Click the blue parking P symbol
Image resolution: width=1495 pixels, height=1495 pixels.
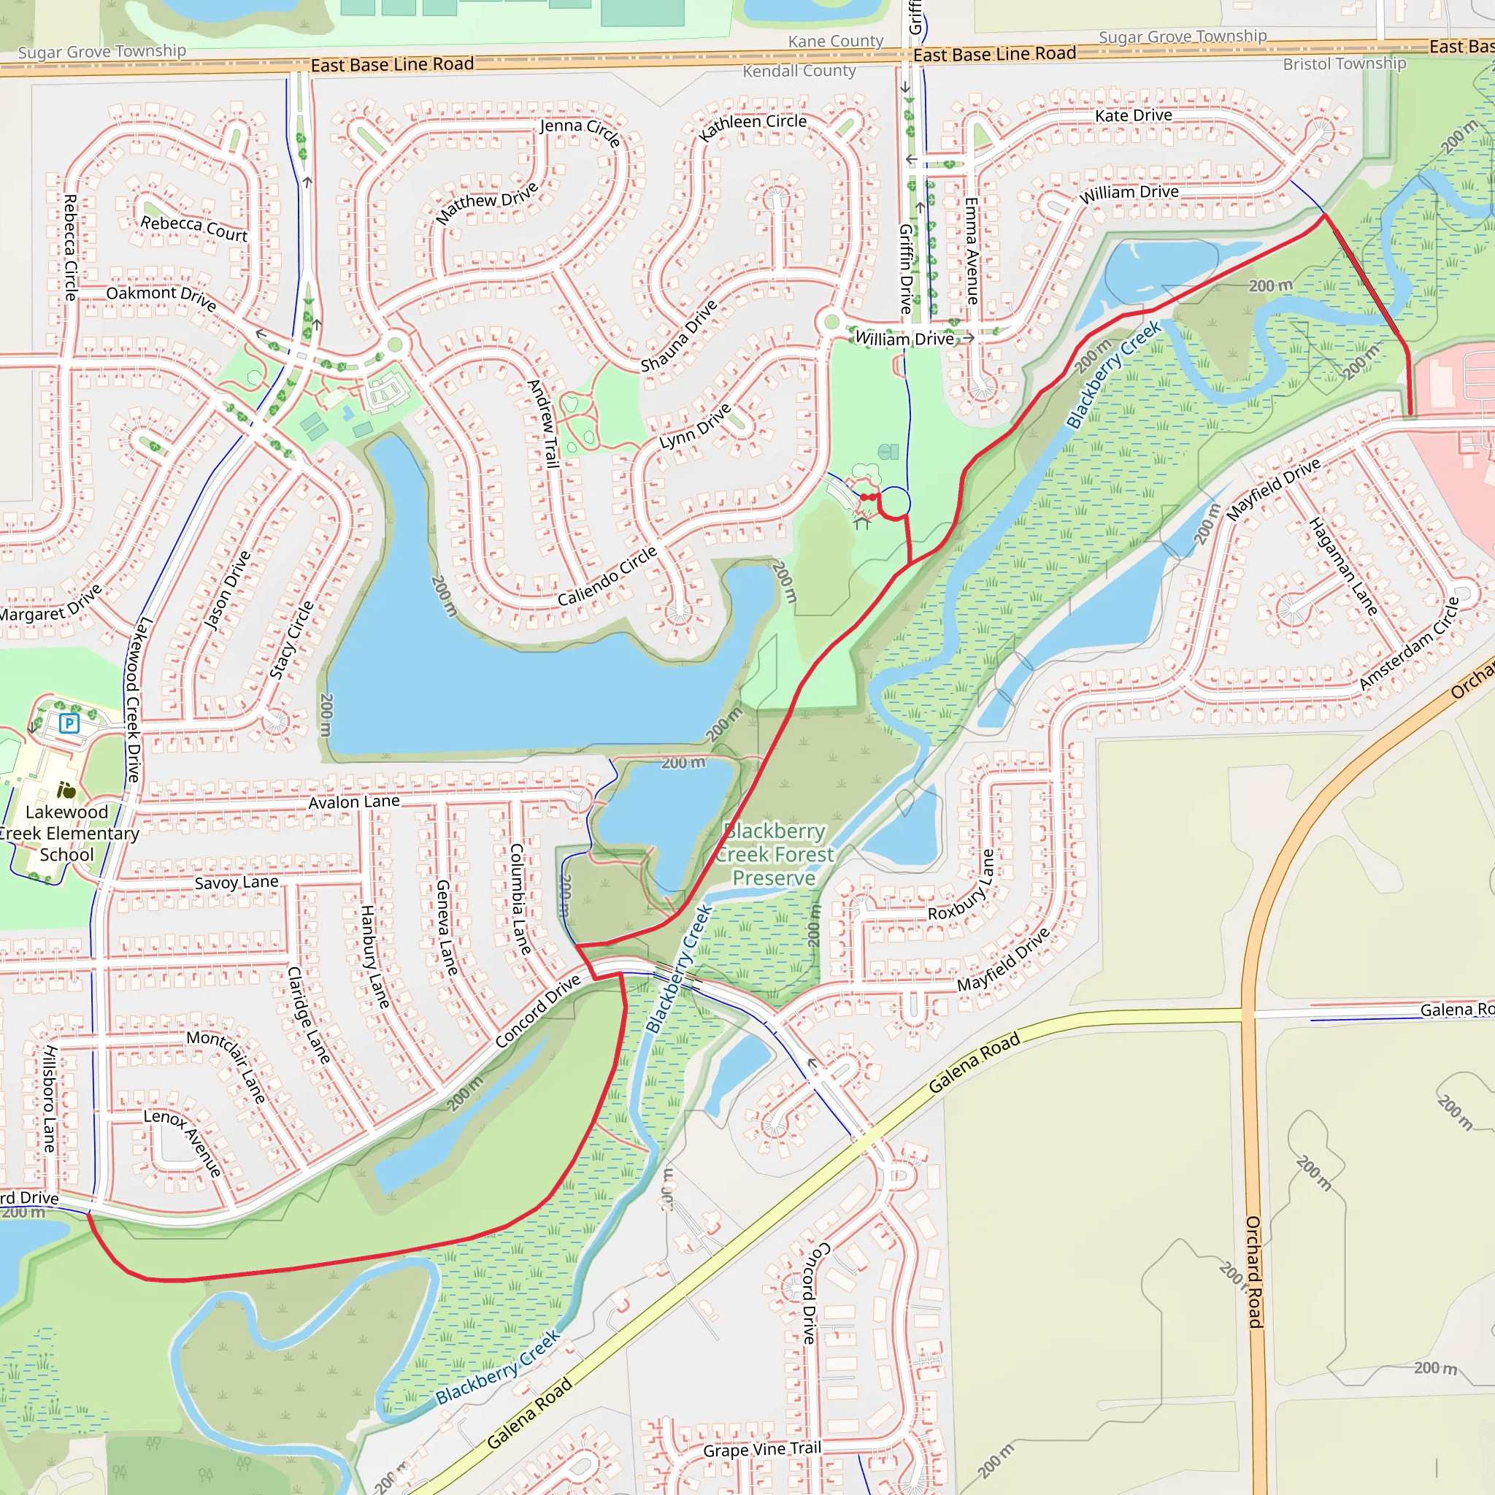(x=69, y=723)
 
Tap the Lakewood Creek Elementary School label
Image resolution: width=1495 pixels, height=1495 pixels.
(x=67, y=834)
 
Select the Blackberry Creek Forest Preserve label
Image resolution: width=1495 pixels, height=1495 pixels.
(x=774, y=854)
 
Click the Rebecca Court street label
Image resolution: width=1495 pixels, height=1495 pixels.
(x=193, y=228)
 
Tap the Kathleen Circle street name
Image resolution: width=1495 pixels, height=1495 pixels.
(x=752, y=126)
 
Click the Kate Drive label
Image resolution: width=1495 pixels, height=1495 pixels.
(x=1133, y=115)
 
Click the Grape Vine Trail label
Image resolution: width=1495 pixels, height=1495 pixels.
(x=762, y=1449)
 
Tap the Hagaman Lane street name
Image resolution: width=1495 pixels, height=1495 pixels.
(x=1343, y=566)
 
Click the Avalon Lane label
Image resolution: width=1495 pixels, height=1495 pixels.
(x=353, y=802)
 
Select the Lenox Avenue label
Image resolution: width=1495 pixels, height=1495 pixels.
(x=183, y=1142)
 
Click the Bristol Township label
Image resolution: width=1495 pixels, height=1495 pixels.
(x=1344, y=64)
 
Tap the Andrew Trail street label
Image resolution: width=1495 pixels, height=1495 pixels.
(x=544, y=423)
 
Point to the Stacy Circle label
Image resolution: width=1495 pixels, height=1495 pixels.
(x=291, y=640)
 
